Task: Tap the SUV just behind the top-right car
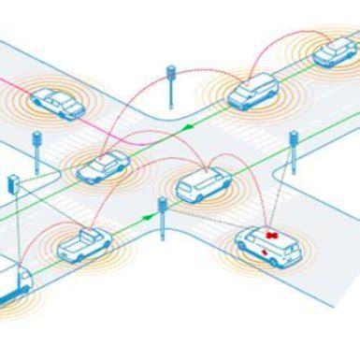coord(252,92)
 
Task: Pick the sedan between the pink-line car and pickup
coord(104,166)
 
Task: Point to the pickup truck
coord(83,244)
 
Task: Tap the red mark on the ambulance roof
coord(275,232)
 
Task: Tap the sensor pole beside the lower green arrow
coord(162,216)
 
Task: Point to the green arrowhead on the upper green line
coord(193,123)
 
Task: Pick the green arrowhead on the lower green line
coord(147,217)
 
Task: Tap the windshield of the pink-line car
coord(67,96)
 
